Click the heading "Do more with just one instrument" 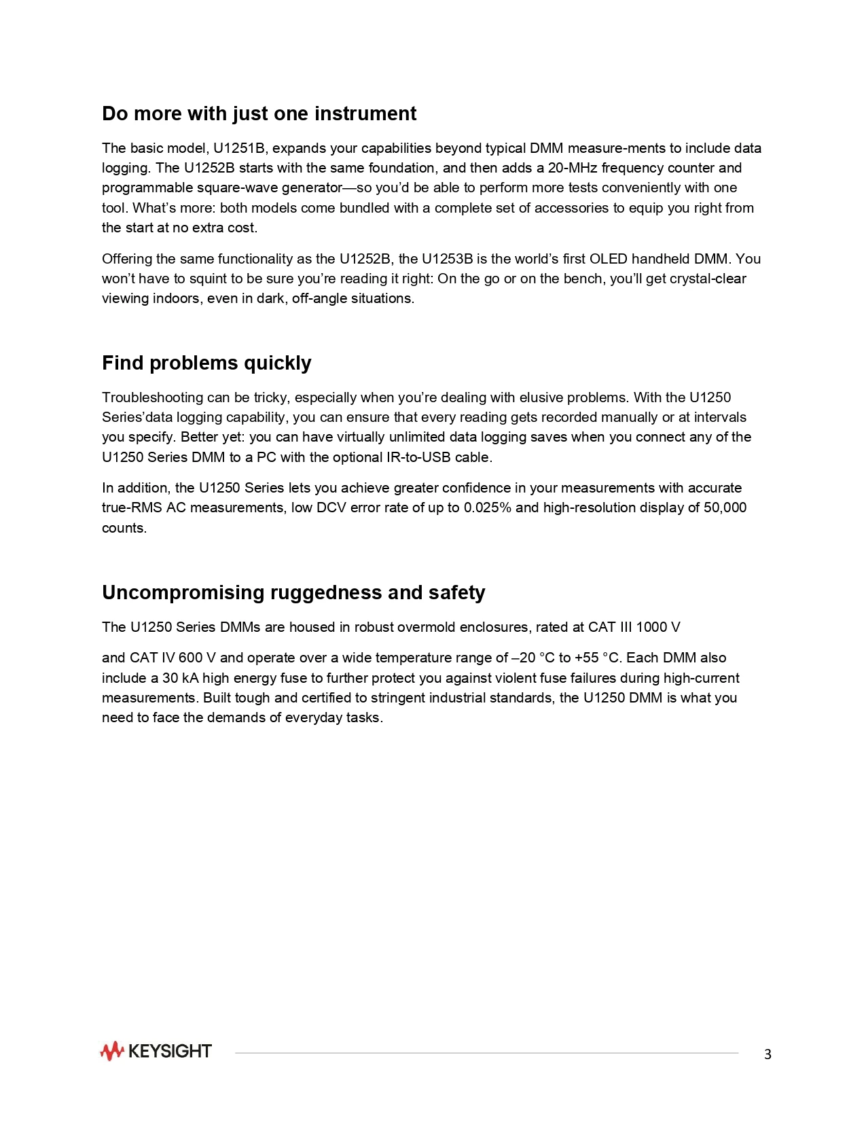point(259,113)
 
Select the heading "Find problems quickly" point(206,363)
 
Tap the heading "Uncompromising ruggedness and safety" point(293,592)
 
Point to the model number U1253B point(447,259)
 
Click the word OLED point(609,259)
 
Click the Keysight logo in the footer point(156,1052)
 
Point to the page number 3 point(768,1055)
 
